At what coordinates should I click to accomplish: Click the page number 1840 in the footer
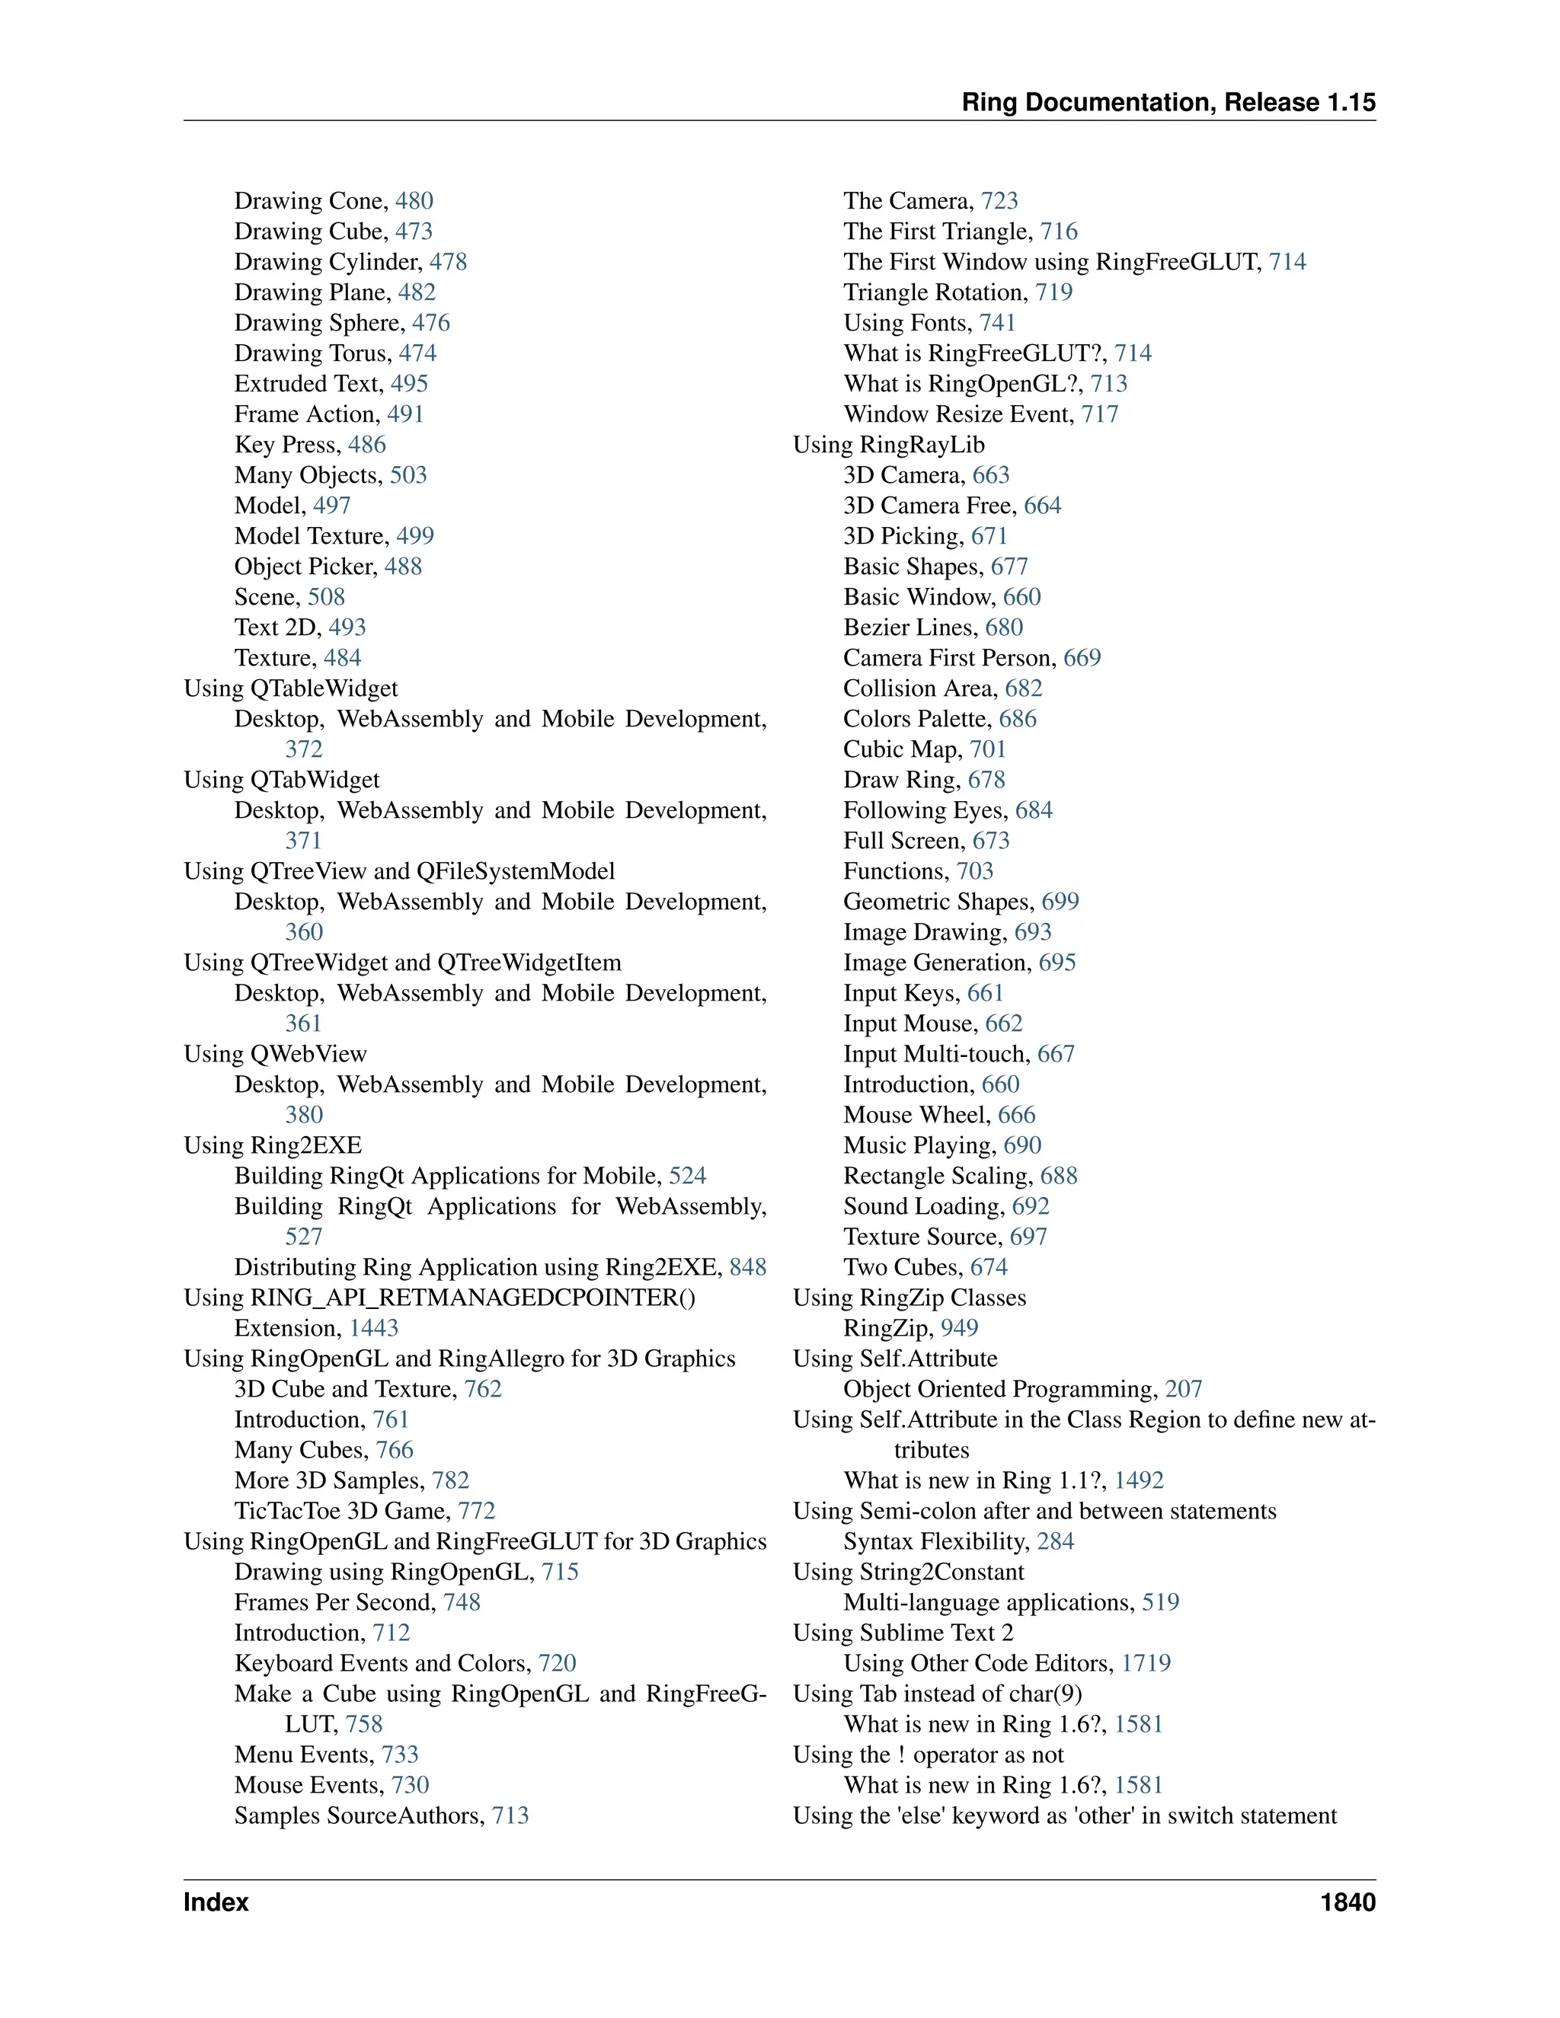click(x=1347, y=1902)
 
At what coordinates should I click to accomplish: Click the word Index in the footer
click(x=216, y=1902)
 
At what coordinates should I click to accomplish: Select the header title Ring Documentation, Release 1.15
click(x=1168, y=103)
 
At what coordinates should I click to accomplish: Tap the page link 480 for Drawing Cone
click(x=414, y=202)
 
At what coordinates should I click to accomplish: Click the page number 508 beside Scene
click(x=326, y=597)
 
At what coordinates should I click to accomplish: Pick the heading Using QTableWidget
click(x=291, y=688)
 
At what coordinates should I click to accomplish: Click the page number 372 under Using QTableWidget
click(x=304, y=749)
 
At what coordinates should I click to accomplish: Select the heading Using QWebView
click(x=276, y=1054)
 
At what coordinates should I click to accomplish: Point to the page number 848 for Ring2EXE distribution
click(x=748, y=1268)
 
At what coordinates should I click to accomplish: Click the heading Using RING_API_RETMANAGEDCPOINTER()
click(x=440, y=1298)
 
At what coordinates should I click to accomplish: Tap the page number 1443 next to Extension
click(x=373, y=1329)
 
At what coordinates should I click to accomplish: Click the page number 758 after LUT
click(x=364, y=1724)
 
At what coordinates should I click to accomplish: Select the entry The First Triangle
click(x=937, y=232)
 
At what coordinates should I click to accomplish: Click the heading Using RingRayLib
click(x=889, y=445)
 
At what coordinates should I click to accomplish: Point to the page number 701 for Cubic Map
click(x=987, y=749)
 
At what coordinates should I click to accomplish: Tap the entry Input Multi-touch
click(x=935, y=1054)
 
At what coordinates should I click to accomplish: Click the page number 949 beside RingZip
click(x=959, y=1329)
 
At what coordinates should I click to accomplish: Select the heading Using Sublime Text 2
click(x=903, y=1633)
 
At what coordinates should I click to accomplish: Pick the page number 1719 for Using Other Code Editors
click(x=1146, y=1663)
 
